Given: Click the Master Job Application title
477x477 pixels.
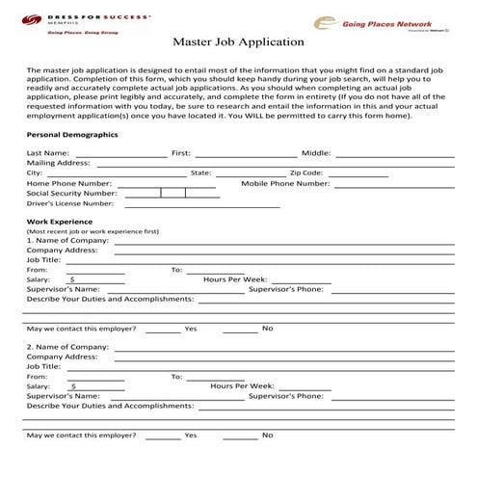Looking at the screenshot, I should pos(238,42).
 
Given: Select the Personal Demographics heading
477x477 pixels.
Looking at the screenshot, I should pos(71,134).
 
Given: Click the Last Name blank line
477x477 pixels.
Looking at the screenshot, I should pos(119,153).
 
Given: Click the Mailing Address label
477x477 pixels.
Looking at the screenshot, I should pos(58,163).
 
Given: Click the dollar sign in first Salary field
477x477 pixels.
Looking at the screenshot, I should pos(70,279).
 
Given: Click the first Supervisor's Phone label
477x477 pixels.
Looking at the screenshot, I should pos(285,289).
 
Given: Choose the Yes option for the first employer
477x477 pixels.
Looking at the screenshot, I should pos(190,329).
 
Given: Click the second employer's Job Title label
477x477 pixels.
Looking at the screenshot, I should pos(44,366).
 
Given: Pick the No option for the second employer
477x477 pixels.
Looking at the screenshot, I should pos(267,436).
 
